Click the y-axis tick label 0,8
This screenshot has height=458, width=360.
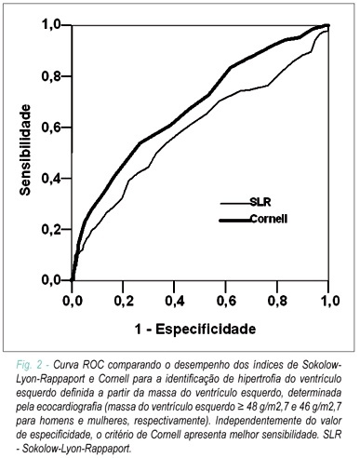pos(51,76)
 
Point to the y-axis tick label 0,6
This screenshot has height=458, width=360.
pos(51,128)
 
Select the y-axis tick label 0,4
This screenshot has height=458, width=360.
pos(51,179)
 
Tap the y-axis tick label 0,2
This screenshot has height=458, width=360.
pos(51,229)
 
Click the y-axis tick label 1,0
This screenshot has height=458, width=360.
pos(51,25)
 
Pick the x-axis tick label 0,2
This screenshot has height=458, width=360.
pos(124,301)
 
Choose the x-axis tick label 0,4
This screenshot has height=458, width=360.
pos(175,301)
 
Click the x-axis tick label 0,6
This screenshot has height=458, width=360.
pos(226,301)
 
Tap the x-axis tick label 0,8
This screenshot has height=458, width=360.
pos(277,301)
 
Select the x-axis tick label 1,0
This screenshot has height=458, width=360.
pos(329,301)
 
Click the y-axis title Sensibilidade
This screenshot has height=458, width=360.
pos(25,150)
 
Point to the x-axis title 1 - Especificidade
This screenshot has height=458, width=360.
pos(195,329)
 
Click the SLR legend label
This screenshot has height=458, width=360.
pos(260,202)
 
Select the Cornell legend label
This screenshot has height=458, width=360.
pos(269,219)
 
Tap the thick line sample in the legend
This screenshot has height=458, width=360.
pos(234,221)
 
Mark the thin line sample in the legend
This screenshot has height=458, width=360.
pos(235,204)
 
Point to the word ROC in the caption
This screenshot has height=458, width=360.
pos(95,365)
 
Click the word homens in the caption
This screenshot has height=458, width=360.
pos(58,421)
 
